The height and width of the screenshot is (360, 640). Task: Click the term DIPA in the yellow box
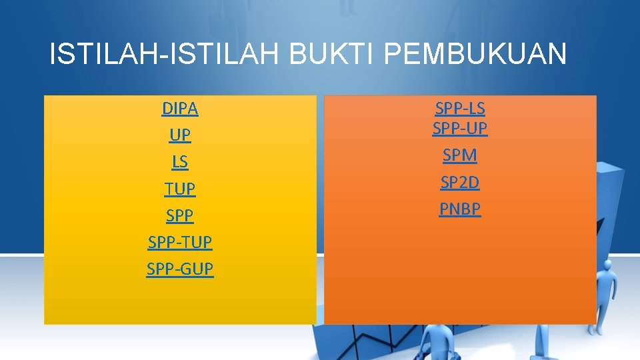click(x=180, y=108)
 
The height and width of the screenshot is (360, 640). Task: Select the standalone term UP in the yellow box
click(x=180, y=135)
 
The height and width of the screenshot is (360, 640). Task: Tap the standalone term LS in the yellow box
click(x=180, y=162)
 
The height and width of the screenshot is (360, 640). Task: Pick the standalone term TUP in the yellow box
click(x=180, y=189)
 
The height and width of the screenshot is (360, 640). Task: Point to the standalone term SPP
click(x=180, y=216)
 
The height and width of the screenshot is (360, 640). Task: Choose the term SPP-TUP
click(x=180, y=243)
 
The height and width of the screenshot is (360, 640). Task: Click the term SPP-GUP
click(x=180, y=269)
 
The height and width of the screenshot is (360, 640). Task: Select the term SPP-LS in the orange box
click(x=460, y=108)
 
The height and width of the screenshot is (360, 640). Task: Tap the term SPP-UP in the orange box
click(x=460, y=128)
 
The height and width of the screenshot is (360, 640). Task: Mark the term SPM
click(x=460, y=155)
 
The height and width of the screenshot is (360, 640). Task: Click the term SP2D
click(x=460, y=182)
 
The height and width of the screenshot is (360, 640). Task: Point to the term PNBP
click(x=460, y=209)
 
